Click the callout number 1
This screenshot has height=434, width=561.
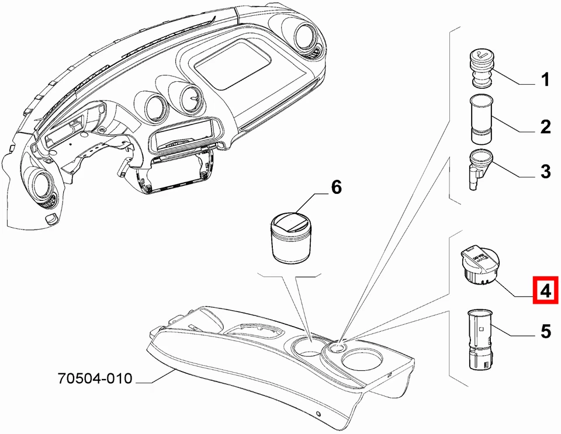545,80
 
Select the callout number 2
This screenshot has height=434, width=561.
545,126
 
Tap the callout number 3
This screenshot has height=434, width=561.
545,172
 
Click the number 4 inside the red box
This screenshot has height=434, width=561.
545,290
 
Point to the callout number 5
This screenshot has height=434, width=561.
545,332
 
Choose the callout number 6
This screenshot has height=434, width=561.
335,188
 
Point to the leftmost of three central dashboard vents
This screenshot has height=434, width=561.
154,106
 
